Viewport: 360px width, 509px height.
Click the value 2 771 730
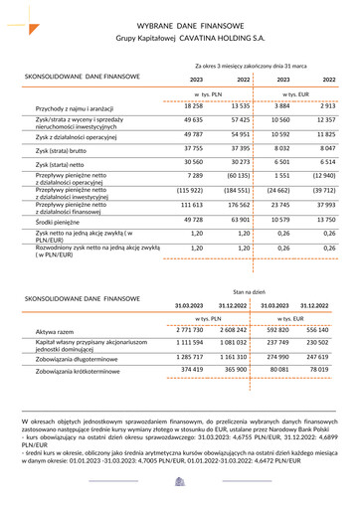[189, 329]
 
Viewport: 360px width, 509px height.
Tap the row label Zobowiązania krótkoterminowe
[86, 370]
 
